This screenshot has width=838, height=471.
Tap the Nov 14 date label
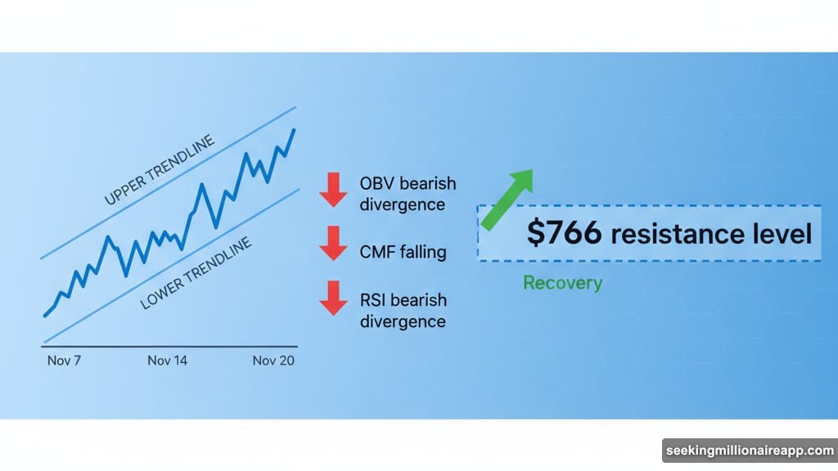point(168,361)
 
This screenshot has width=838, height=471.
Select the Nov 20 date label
point(273,361)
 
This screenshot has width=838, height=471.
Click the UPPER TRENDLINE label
point(160,170)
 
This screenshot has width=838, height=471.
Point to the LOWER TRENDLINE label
point(196,274)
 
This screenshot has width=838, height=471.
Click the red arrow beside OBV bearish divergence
point(333,190)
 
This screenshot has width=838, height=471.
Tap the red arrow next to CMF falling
point(333,243)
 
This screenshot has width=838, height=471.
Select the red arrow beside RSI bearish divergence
point(333,298)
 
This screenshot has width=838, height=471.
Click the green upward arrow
point(507,199)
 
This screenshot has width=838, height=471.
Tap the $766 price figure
point(565,234)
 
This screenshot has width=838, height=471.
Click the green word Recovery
point(562,283)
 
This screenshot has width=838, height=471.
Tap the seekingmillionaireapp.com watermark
point(749,451)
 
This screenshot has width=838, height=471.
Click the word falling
point(424,252)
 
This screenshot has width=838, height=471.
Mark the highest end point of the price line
point(295,130)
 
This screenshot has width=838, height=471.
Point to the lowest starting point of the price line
point(45,315)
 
